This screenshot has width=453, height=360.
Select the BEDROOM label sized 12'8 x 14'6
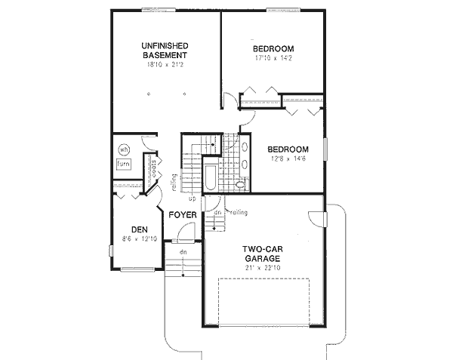287,149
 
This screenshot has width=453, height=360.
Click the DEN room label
138,229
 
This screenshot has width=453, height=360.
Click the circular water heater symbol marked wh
125,148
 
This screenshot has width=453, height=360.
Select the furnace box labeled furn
123,163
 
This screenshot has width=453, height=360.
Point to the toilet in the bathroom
241,184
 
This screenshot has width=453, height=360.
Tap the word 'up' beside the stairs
192,199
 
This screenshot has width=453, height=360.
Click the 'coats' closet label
153,172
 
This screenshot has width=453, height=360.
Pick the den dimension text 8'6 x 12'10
138,239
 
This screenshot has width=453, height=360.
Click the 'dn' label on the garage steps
217,212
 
